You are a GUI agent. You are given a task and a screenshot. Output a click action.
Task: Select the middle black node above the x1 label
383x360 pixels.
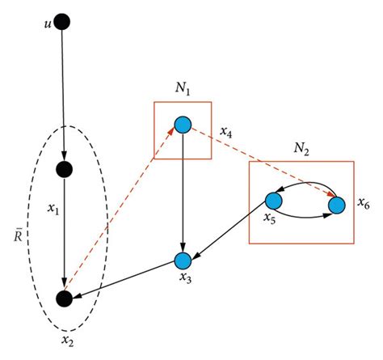(64, 170)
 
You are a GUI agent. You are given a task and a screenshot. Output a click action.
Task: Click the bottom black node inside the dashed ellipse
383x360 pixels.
(64, 298)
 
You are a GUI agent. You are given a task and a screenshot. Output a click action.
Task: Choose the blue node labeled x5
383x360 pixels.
(273, 200)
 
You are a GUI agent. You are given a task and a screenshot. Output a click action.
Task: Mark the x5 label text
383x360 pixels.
(271, 218)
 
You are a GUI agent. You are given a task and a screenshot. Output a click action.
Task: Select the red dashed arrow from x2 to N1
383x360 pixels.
(121, 213)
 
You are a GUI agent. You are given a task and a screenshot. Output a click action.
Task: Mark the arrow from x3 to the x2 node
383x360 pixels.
(125, 279)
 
